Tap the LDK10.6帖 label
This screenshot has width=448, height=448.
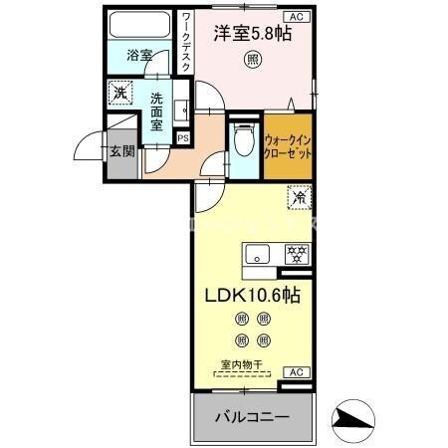tap(254, 296)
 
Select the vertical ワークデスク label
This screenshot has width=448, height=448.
tap(186, 42)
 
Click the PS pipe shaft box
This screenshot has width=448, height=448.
tap(182, 137)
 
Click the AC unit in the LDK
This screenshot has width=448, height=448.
tap(296, 371)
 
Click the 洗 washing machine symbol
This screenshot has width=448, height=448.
tap(118, 92)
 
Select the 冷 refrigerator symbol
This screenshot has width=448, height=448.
tap(299, 197)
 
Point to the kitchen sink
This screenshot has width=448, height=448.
tap(257, 253)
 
